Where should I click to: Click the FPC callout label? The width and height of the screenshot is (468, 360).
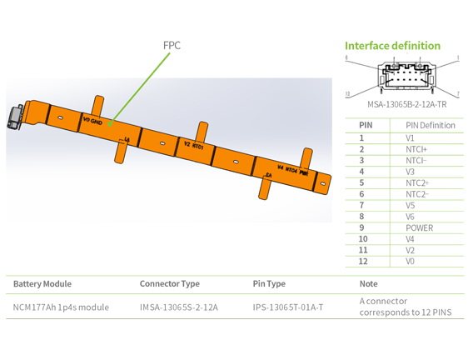(172, 46)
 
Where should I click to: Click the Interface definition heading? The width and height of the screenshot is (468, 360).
(392, 46)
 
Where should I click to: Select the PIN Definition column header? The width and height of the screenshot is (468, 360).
(430, 125)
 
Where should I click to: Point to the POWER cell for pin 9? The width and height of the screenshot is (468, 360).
(419, 227)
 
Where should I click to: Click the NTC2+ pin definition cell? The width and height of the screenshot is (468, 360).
(417, 182)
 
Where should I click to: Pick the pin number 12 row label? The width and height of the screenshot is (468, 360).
(362, 261)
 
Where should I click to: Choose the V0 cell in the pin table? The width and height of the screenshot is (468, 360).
(410, 261)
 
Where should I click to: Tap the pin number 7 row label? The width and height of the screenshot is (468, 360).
(361, 205)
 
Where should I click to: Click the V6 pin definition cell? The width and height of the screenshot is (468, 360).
(410, 217)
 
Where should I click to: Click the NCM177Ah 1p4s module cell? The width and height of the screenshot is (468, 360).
(61, 307)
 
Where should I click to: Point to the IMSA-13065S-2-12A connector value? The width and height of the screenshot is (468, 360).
(178, 307)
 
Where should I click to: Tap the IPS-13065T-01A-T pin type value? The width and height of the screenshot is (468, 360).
(287, 307)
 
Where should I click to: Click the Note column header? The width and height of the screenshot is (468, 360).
(368, 284)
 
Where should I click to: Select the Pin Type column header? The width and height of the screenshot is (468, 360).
(269, 284)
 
